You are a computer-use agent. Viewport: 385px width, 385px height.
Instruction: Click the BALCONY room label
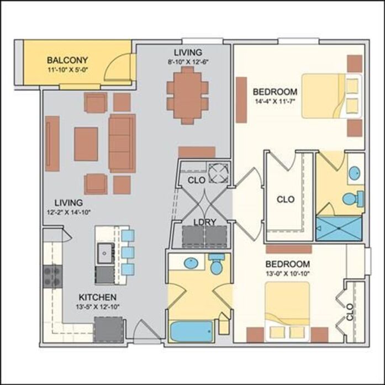[x=67, y=60]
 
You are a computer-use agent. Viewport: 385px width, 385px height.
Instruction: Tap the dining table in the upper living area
[x=188, y=95]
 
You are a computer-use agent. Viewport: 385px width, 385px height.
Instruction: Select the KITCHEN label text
[x=97, y=297]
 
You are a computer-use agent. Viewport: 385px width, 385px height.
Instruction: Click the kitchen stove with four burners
[x=52, y=276]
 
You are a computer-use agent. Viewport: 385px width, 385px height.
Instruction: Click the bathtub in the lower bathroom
[x=192, y=331]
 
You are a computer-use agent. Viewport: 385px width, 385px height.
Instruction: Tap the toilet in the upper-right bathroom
[x=354, y=198]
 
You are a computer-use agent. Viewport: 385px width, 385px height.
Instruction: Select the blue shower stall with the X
[x=339, y=228]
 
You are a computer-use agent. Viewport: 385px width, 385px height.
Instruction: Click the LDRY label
[x=205, y=222]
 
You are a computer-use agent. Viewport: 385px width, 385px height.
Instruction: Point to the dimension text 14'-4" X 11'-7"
[x=275, y=101]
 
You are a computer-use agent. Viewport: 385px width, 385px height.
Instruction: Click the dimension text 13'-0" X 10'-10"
[x=288, y=273]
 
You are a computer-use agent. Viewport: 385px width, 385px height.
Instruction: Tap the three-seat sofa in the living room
[x=122, y=144]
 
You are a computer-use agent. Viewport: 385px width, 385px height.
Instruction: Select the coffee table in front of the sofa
[x=86, y=144]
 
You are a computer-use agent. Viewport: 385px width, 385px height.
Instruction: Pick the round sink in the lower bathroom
[x=191, y=263]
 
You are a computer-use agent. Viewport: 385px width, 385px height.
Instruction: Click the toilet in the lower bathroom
[x=217, y=263]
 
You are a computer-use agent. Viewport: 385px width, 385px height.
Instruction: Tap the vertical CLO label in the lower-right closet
[x=350, y=312]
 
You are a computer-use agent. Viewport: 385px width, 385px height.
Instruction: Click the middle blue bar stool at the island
[x=128, y=253]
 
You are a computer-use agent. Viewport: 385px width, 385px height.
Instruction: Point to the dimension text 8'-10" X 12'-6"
[x=188, y=62]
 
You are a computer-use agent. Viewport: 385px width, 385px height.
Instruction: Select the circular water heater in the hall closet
[x=218, y=173]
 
